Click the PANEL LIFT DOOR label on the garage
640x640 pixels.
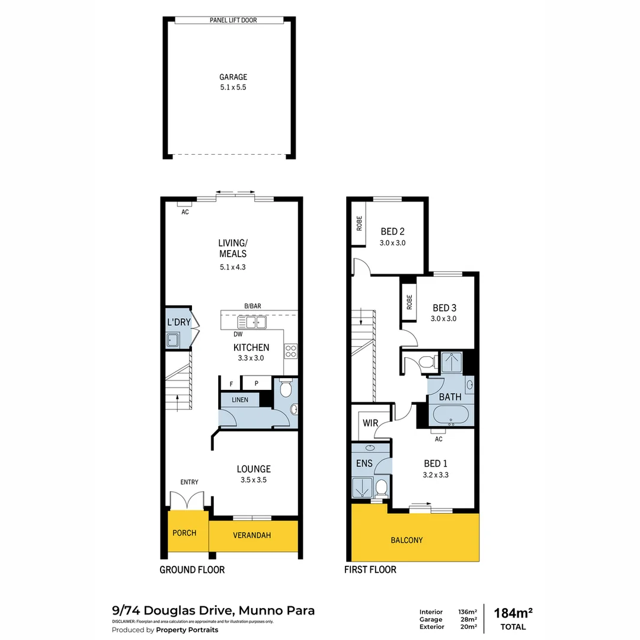pos(233,20)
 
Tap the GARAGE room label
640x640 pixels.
pos(233,77)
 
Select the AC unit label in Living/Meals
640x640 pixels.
pos(185,212)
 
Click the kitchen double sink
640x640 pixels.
pos(252,322)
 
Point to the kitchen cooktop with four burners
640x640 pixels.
pos(291,351)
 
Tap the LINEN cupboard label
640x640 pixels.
pos(240,400)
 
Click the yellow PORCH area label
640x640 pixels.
pos(184,533)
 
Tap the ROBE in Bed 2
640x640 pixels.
pos(359,224)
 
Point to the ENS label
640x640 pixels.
pos(364,463)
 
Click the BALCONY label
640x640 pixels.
pos(407,540)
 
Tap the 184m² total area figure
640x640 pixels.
pos(513,613)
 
